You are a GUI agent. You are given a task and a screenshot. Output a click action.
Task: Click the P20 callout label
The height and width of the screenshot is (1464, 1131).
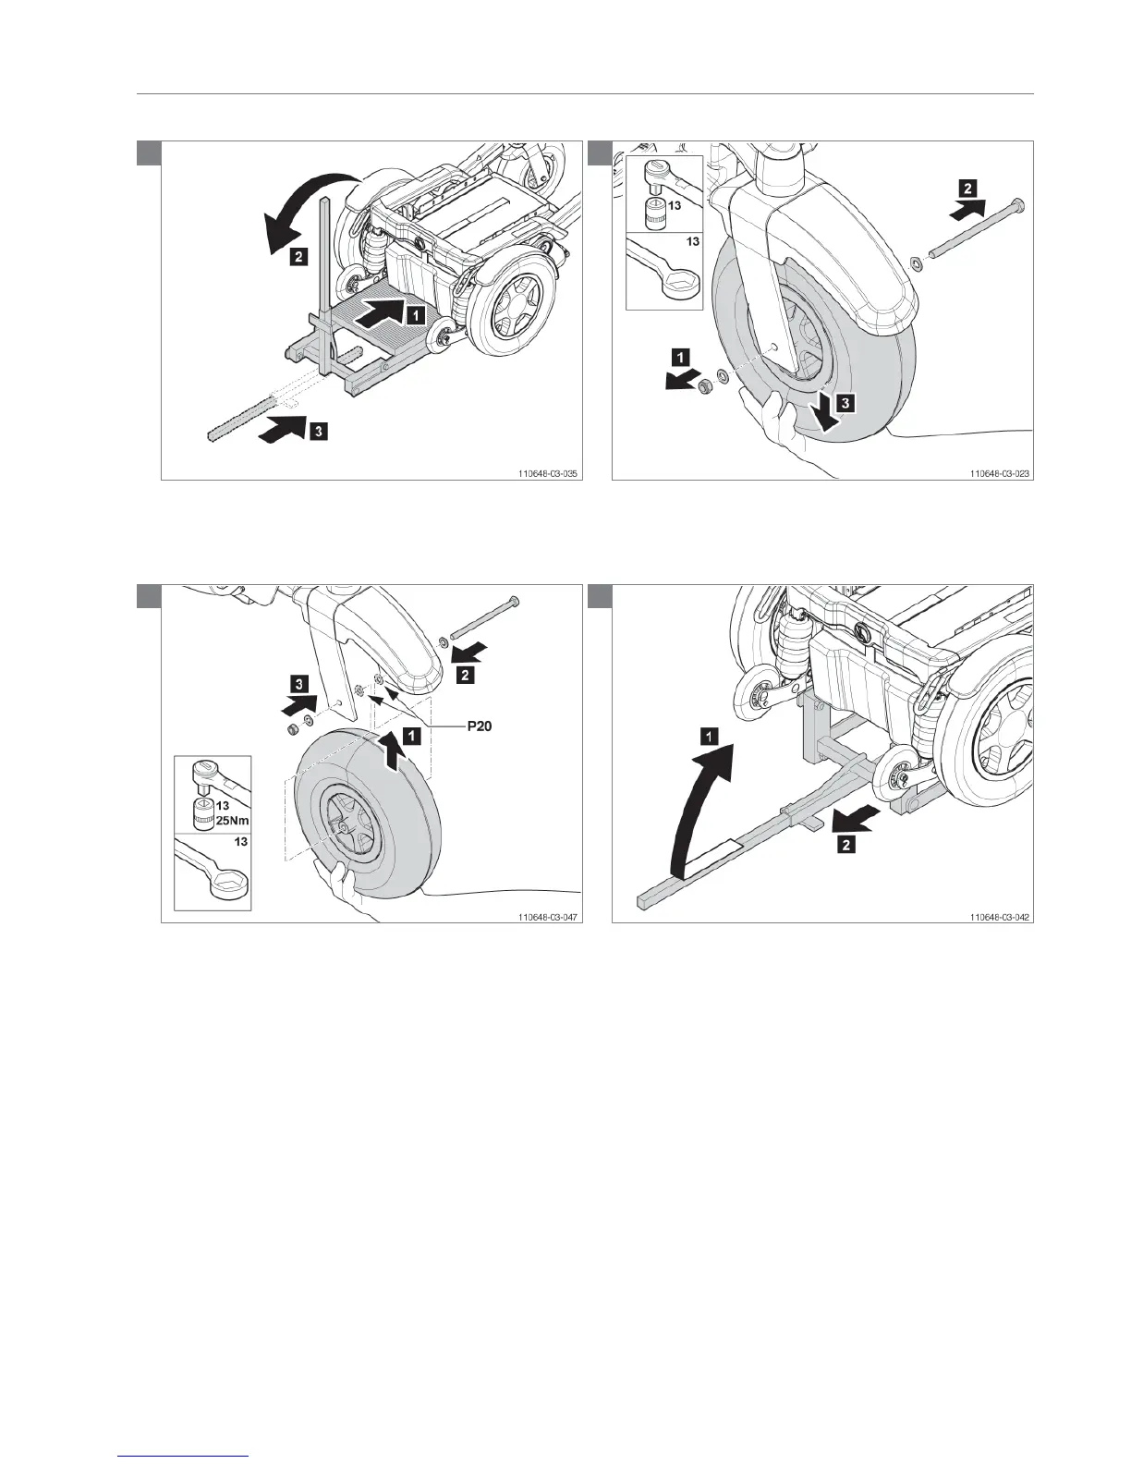pos(480,727)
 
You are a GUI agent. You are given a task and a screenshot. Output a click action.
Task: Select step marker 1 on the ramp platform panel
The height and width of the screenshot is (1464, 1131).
pos(416,315)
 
